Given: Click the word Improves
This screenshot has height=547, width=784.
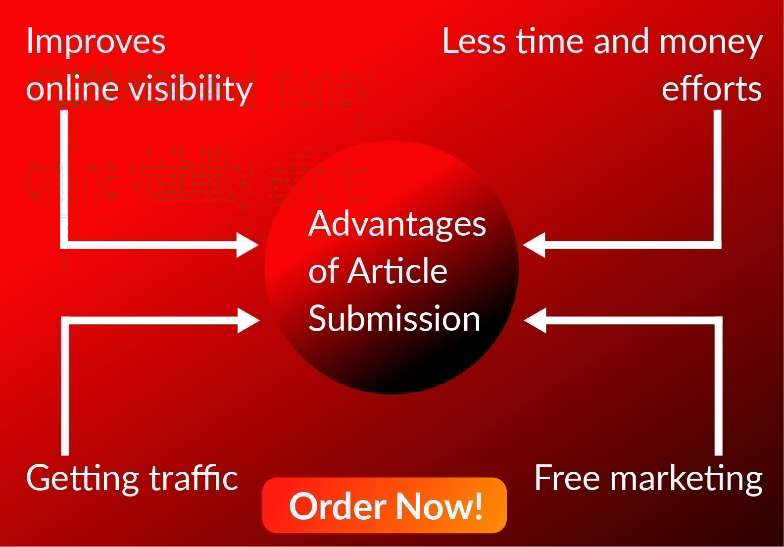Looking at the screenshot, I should pos(96,42).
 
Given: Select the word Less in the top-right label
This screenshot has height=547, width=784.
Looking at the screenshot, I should pos(474,41).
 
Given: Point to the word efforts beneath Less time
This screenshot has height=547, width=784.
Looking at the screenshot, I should pos(711,89).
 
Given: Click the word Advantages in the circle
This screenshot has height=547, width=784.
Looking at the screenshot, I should pos(397,224).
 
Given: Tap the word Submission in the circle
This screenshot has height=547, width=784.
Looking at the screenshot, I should pos(394,318).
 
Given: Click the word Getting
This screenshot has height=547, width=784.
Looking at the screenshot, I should pos(82,479).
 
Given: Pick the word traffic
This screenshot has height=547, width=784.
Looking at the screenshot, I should pos(194,478).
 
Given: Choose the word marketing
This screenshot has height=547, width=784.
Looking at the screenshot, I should pos(686,479).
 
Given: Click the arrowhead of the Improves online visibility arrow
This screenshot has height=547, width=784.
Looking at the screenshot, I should pos(247,245).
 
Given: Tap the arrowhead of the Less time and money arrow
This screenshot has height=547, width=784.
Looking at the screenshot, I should pos(534,245).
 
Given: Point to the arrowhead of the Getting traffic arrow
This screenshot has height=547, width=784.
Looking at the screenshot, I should pos(248,320).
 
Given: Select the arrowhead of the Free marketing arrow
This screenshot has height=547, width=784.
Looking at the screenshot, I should pos(535,320).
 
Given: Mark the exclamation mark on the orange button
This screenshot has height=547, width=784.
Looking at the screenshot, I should pos(478,506).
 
